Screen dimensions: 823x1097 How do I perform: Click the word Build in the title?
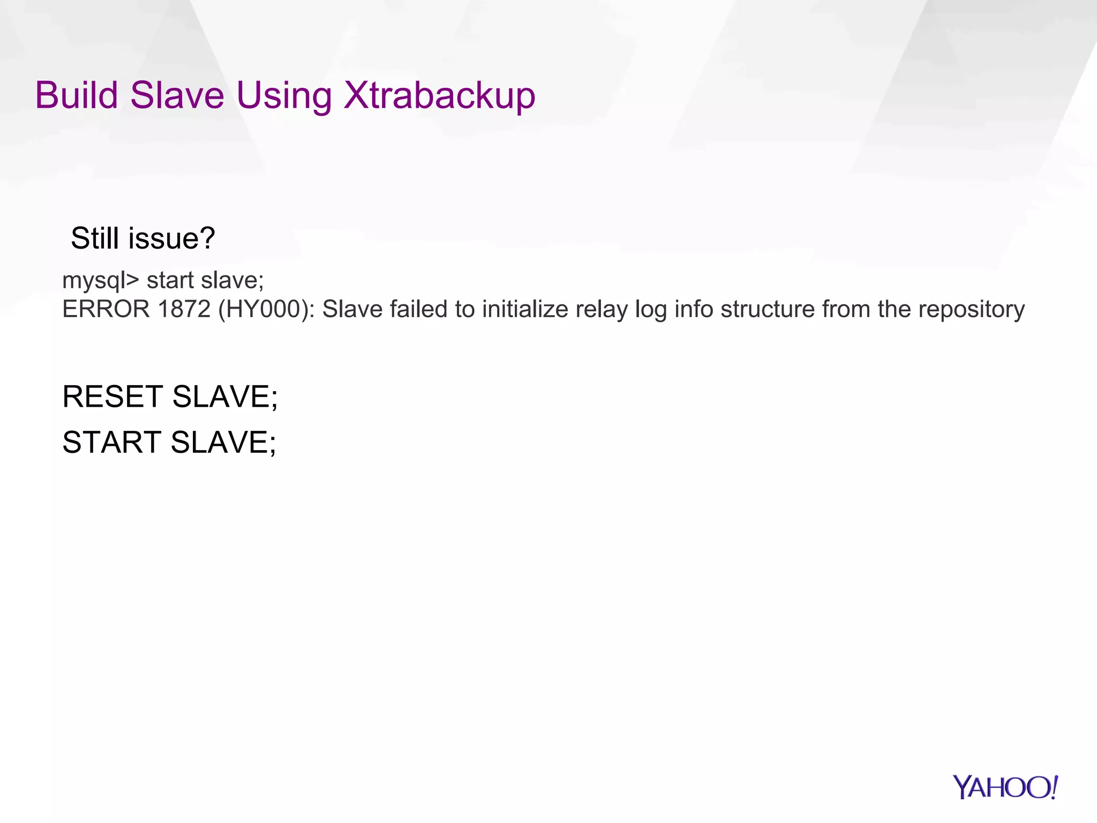[76, 95]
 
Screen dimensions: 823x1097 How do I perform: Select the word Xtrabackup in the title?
[439, 95]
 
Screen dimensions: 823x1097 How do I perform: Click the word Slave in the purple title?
[177, 95]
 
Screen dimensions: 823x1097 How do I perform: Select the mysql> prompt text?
[100, 281]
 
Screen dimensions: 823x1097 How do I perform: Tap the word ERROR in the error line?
[106, 309]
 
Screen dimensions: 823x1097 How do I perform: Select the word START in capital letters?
[111, 442]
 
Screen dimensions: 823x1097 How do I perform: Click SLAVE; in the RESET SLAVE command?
[225, 396]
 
